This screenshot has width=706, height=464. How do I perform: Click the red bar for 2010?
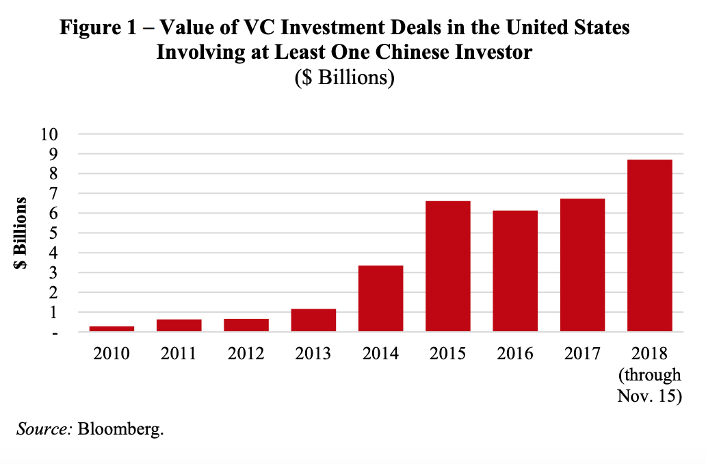(111, 329)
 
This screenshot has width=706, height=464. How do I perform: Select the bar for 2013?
(313, 320)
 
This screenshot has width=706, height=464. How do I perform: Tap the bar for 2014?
(380, 298)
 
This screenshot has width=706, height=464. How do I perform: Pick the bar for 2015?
(447, 266)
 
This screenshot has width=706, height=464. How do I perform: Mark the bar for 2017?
(582, 265)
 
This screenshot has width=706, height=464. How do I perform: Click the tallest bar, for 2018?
(649, 246)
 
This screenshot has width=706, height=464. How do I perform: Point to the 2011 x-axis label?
(179, 354)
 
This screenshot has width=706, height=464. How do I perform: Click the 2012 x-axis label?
(246, 354)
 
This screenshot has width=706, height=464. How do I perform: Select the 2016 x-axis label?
(515, 354)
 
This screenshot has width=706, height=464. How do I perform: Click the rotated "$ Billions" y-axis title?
(22, 233)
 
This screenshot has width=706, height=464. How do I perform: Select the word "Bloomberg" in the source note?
(120, 430)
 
